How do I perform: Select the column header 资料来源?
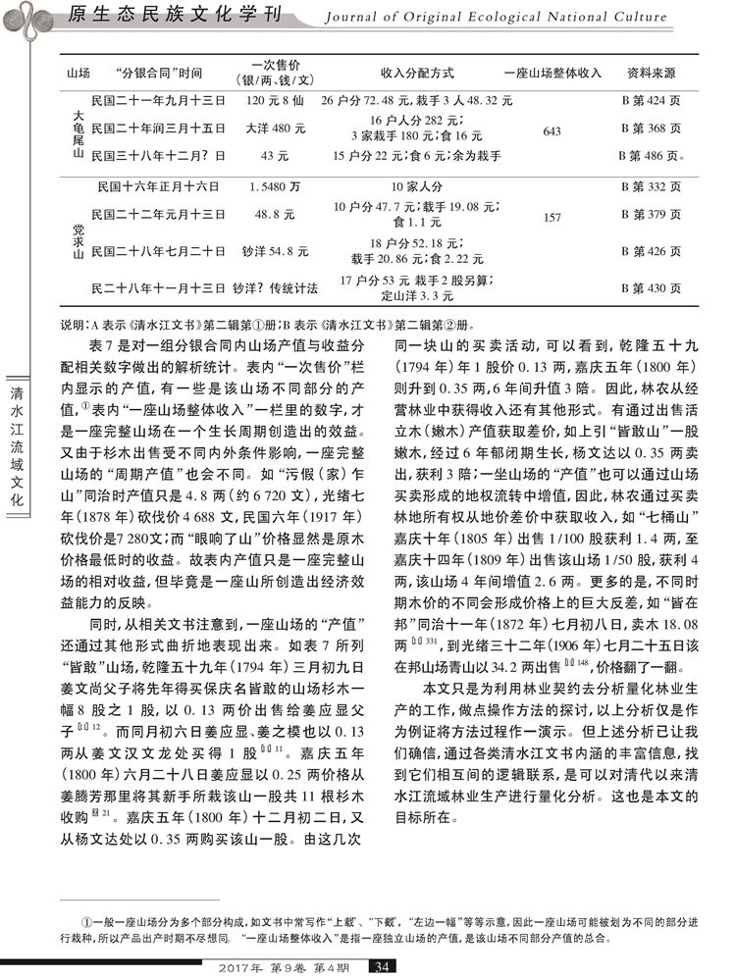[x=650, y=74]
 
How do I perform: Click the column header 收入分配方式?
[x=416, y=74]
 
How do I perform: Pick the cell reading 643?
[x=552, y=131]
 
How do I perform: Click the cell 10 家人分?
[x=416, y=185]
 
